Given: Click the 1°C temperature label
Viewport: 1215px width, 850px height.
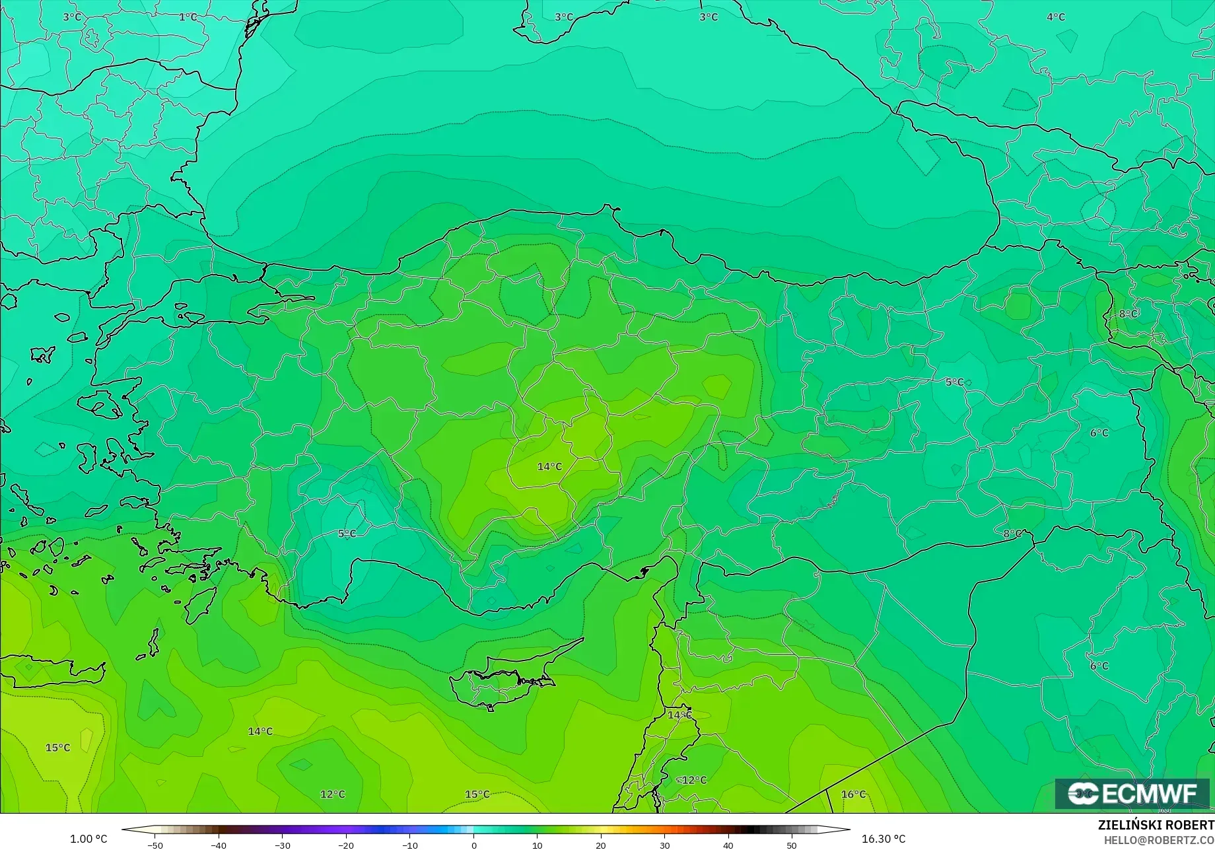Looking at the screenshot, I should (x=188, y=17).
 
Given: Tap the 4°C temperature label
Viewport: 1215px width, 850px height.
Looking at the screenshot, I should (x=1056, y=17).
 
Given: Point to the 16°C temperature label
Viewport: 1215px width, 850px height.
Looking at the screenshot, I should (x=853, y=794).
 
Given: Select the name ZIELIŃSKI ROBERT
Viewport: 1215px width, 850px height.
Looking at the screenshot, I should (x=1156, y=825).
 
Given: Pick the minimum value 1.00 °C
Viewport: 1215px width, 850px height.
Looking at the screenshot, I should (x=88, y=839).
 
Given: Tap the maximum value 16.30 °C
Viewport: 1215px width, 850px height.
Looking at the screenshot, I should (x=884, y=839).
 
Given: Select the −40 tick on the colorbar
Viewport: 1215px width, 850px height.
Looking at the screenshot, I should (x=219, y=845).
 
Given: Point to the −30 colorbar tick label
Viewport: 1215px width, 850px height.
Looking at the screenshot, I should (x=282, y=845).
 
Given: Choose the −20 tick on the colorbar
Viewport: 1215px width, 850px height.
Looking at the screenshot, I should (x=346, y=845).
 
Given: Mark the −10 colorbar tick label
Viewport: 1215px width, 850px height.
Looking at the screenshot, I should (x=409, y=845).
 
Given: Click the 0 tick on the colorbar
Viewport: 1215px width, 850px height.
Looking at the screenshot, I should (x=473, y=845).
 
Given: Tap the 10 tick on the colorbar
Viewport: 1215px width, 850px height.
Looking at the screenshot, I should (x=537, y=845).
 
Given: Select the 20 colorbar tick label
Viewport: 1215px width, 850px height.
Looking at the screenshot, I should (x=601, y=845).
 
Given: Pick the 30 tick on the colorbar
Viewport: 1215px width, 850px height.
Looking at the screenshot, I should (x=664, y=845).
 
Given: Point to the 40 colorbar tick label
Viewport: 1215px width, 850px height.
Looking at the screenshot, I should (x=728, y=845).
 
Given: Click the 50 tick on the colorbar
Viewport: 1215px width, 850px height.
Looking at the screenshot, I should (x=792, y=845).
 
